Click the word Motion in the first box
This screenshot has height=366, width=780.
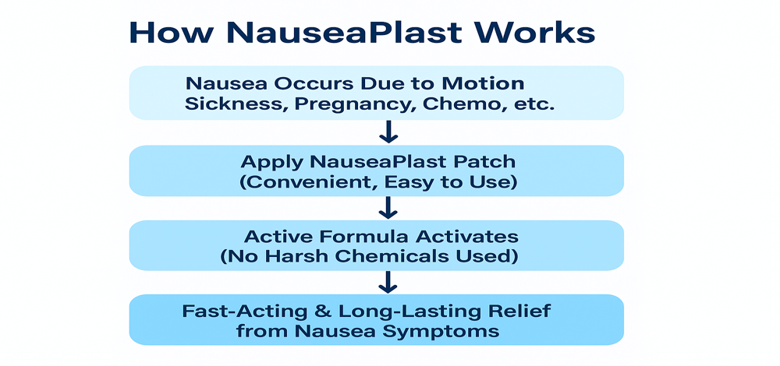pos(483,83)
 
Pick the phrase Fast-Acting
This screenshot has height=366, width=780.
pos(249,311)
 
